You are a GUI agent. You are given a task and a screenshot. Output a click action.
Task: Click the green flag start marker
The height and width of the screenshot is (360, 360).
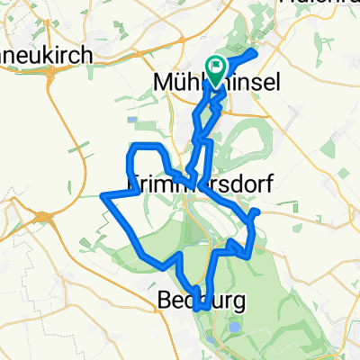(217, 67)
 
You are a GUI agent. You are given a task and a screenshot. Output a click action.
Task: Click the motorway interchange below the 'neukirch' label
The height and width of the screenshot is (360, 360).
(45, 216)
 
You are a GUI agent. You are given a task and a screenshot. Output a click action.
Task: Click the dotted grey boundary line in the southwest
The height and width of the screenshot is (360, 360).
(54, 297)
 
